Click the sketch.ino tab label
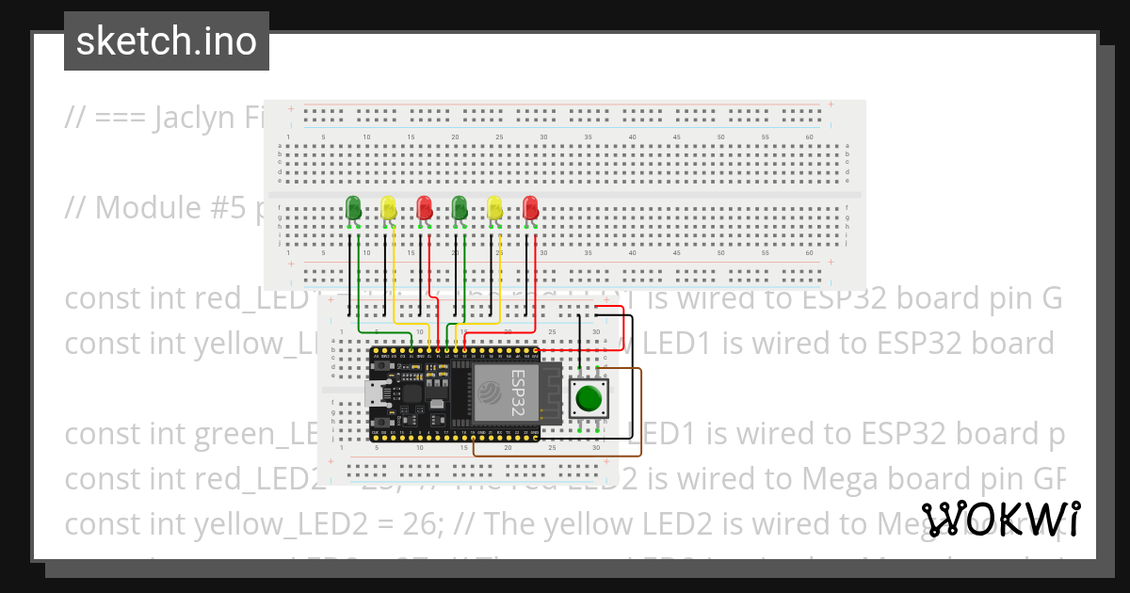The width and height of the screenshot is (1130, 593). coord(166,41)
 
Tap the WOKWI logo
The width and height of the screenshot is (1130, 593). coord(1001,520)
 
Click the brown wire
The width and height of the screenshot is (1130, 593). coord(641,414)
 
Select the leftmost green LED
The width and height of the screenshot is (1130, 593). coord(353,208)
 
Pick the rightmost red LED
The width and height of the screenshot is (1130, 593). coord(530,208)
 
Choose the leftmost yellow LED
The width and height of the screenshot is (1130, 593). coord(388,208)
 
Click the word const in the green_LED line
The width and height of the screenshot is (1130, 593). coord(104,434)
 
